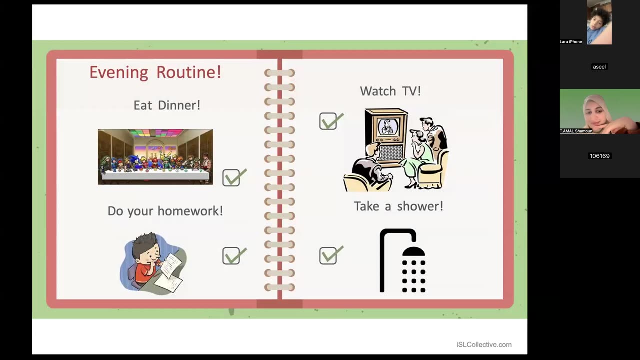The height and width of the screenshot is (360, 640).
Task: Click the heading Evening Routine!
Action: [155, 72]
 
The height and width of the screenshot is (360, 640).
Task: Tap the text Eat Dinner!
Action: [167, 105]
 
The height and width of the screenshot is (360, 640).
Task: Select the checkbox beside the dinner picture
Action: [231, 178]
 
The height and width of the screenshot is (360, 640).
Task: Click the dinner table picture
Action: [155, 157]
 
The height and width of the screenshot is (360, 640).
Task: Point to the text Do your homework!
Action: [165, 211]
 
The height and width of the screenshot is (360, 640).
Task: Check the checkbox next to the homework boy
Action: [231, 256]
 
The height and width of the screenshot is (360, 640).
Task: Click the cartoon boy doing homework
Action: [153, 263]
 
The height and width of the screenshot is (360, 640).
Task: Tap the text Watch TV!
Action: [390, 91]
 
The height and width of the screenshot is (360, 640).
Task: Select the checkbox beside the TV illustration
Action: [328, 121]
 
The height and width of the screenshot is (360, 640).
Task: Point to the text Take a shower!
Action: [398, 206]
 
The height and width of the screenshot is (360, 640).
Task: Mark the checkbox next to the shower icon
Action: [328, 256]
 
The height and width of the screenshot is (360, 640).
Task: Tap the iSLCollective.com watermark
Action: [483, 344]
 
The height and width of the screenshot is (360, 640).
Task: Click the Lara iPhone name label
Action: [571, 42]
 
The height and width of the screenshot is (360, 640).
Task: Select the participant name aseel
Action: [599, 67]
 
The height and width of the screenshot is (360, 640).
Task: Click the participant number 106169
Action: [599, 156]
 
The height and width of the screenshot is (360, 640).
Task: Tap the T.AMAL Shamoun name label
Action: [576, 131]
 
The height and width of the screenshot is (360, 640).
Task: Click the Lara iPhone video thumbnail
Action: [599, 22]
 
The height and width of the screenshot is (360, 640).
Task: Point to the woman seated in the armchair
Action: [420, 155]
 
